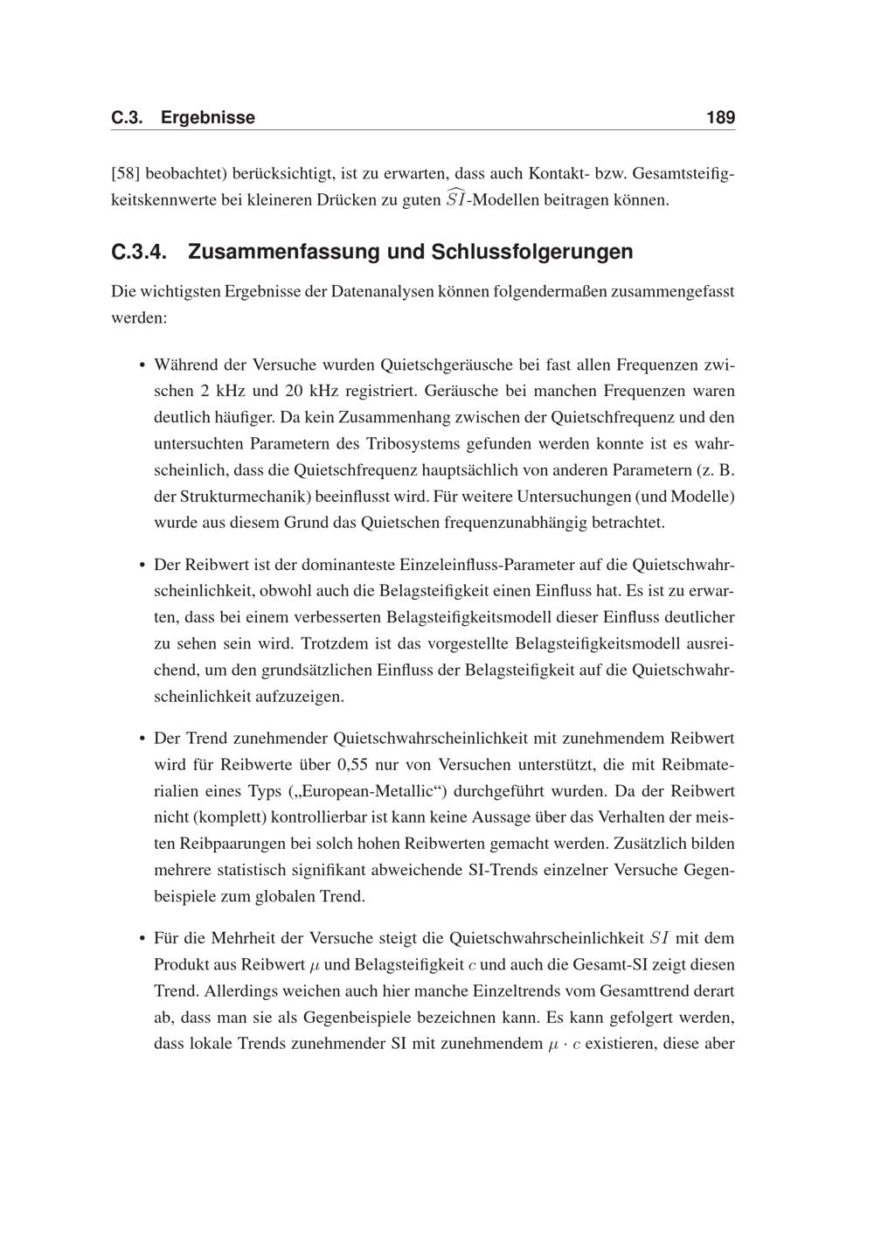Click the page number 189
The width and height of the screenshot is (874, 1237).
click(x=720, y=117)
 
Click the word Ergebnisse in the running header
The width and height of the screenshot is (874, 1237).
click(x=208, y=117)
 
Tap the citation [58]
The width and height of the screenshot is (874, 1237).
click(x=126, y=174)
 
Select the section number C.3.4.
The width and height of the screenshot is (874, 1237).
click(x=139, y=252)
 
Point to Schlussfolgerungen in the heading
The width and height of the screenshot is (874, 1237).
click(x=532, y=252)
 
